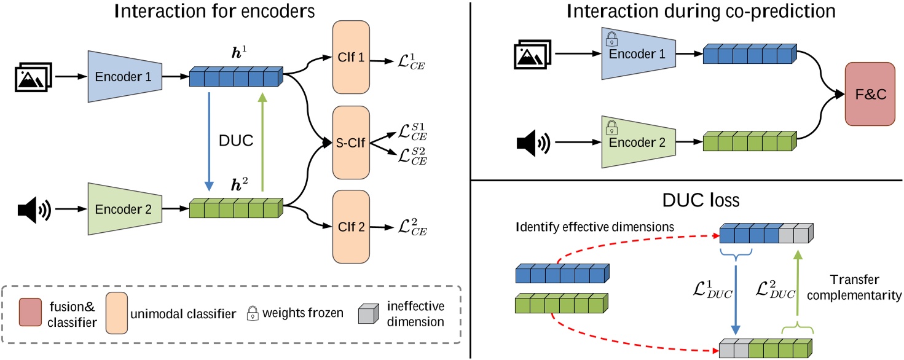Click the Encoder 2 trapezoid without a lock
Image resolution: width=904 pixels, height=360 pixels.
(x=125, y=209)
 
